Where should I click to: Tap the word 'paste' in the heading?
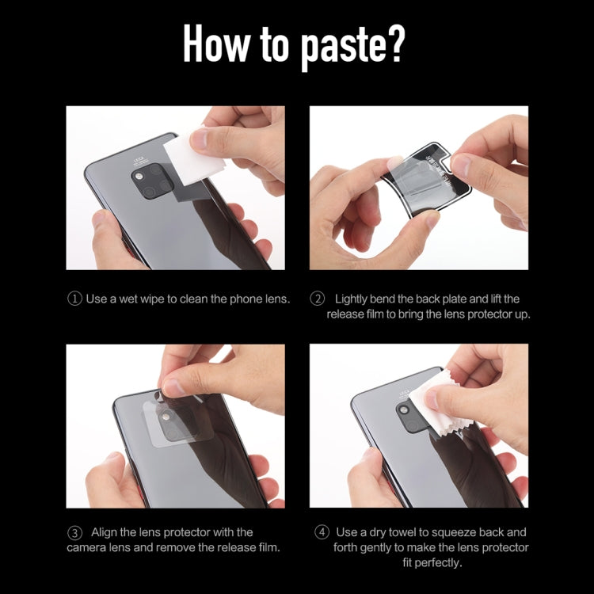pos(341,48)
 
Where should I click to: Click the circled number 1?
pos(74,299)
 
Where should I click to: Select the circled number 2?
pos(317,299)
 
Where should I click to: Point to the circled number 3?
pos(74,533)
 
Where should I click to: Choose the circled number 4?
pos(322,532)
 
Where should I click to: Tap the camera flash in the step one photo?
pos(139,176)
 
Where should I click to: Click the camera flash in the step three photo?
pos(166,417)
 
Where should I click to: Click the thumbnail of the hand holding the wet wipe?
pos(175,188)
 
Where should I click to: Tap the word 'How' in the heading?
pos(216,43)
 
